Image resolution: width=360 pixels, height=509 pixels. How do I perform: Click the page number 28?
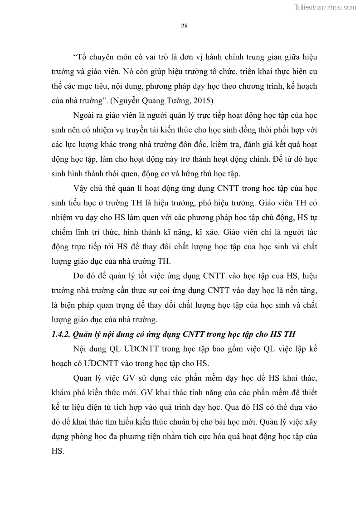[x=184, y=26]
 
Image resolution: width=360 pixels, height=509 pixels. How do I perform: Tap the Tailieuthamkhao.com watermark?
[x=325, y=7]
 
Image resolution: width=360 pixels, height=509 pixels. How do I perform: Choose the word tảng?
[x=309, y=290]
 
